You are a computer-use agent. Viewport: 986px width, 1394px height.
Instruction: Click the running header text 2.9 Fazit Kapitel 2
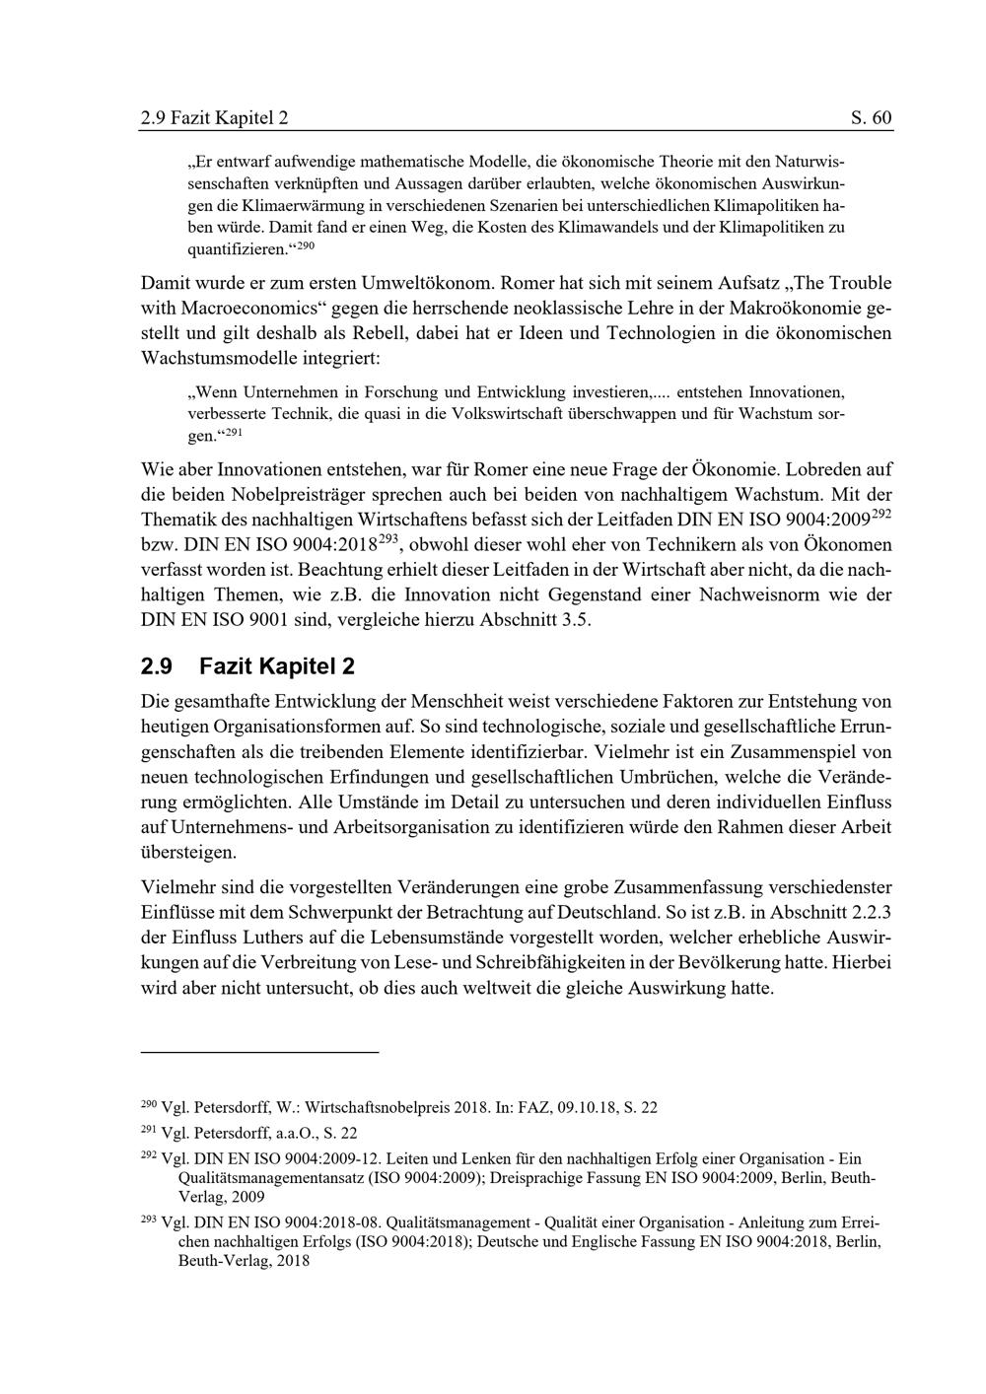click(215, 118)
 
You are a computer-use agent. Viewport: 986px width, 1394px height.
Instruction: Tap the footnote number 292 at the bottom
click(149, 1154)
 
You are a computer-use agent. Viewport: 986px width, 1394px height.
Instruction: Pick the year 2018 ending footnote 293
click(293, 1260)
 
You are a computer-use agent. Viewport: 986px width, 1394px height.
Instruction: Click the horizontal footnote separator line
click(260, 1053)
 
